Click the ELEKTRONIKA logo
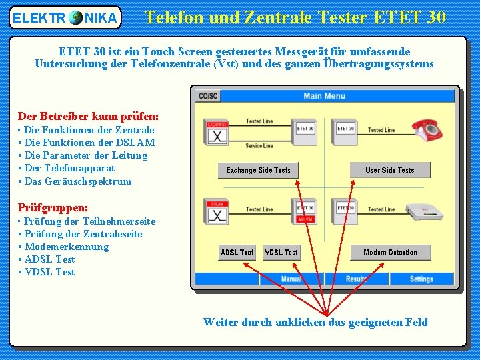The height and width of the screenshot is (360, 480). (x=65, y=17)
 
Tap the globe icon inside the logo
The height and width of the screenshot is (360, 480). (x=75, y=17)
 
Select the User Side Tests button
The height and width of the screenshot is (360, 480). (x=390, y=170)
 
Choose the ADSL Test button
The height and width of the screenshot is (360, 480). (x=237, y=253)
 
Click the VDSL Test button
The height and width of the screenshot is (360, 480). (x=281, y=253)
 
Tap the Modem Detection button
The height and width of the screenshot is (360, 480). (x=390, y=253)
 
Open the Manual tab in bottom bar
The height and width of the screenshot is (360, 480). (x=291, y=279)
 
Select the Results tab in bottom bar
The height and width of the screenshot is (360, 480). (x=357, y=279)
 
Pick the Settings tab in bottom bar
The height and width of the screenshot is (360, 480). (x=421, y=279)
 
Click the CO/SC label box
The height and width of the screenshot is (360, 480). (x=207, y=96)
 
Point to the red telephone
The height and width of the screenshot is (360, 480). (x=427, y=128)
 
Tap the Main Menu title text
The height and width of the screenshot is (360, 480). (x=324, y=96)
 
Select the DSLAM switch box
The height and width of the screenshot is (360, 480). (x=217, y=212)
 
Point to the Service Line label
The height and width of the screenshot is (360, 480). (x=259, y=145)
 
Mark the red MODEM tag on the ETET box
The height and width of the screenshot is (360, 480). (x=305, y=219)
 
